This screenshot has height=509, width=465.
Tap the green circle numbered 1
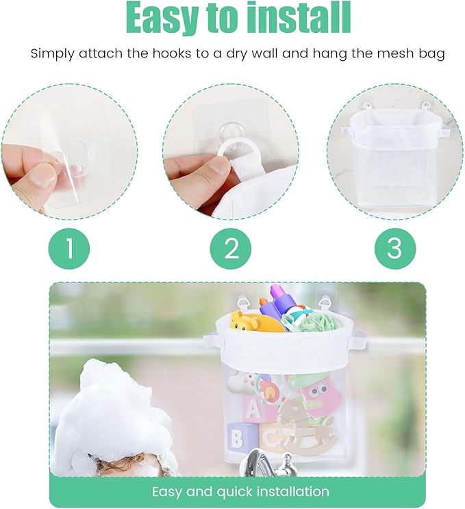pos(69,248)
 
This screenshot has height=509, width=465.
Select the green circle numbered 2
pos(231,248)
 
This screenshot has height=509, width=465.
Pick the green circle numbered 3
pos(394,248)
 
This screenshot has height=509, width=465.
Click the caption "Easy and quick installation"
pos(240,491)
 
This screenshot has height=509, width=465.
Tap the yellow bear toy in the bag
pos(254,322)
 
